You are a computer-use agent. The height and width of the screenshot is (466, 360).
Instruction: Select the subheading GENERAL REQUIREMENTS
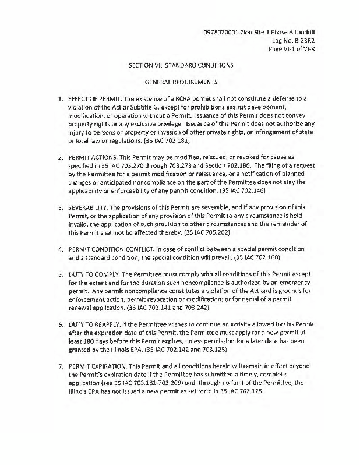click(x=181, y=82)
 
